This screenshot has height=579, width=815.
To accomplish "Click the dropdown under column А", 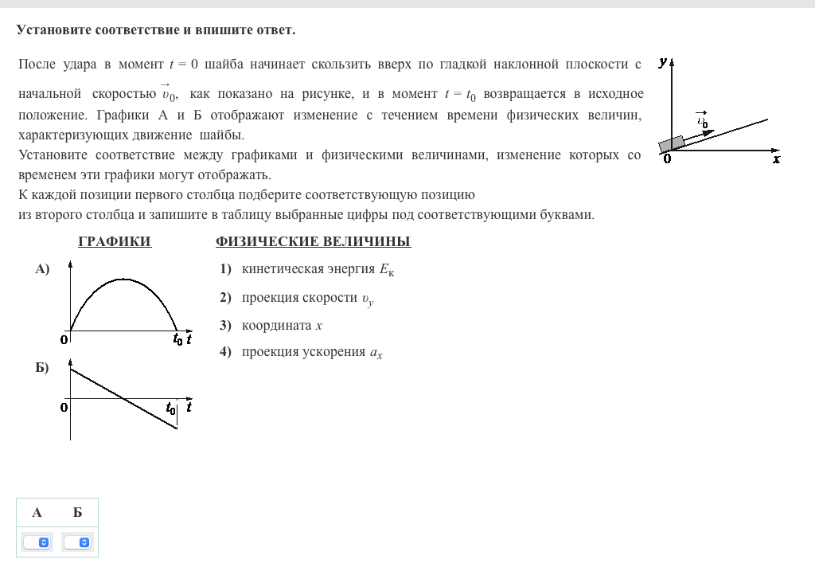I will coord(37,542).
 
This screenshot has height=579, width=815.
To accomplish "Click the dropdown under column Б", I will coord(77,542).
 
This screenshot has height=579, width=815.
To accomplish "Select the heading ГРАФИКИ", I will coord(115,242).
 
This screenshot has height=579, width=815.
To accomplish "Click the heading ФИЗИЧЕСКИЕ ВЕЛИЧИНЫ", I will coord(313,242).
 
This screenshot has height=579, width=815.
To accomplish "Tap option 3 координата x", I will coord(282,325).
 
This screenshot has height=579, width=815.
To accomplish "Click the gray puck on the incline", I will coord(672,143).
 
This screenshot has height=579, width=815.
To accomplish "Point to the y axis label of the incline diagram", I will coord(663,61).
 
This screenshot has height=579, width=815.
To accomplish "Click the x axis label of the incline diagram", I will coord(777,159).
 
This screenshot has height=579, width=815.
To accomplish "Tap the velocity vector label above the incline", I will coord(702,120).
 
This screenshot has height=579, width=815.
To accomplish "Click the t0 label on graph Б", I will coord(170,409).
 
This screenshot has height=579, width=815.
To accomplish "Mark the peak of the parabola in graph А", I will coord(123,280).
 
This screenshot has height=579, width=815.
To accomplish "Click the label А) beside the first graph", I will coord(42,269).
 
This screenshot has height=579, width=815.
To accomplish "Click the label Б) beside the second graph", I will coord(42,368).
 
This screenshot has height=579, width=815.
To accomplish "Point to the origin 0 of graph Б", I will coord(64,408).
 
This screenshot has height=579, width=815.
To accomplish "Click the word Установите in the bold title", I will coord(53,30).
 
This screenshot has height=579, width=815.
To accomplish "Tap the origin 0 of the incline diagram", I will coord(667,159).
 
